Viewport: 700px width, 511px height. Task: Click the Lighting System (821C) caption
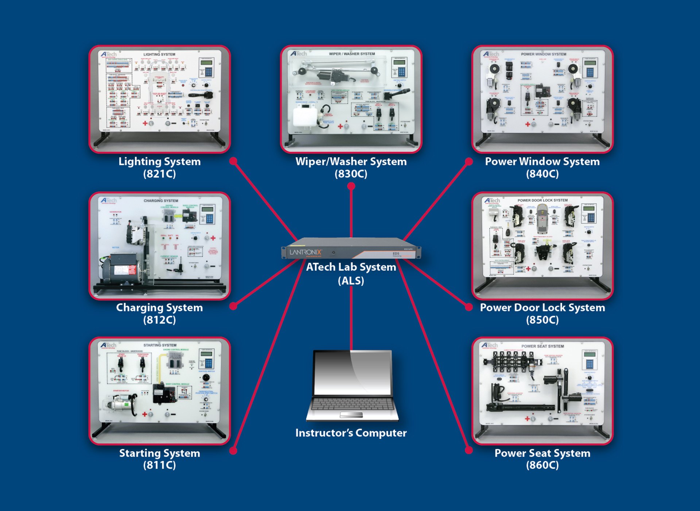[159, 168]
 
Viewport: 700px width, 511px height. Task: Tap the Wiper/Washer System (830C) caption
[351, 168]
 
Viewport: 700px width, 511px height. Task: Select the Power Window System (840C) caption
[542, 168]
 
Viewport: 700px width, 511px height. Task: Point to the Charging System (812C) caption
[159, 314]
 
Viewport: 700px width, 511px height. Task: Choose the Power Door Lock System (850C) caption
[542, 314]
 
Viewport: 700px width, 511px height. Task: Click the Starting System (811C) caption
[159, 459]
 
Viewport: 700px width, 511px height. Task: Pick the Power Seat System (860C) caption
[542, 459]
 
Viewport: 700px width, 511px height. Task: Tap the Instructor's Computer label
[351, 433]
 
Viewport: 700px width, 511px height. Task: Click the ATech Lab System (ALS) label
[351, 274]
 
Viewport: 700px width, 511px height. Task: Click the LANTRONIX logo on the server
[306, 252]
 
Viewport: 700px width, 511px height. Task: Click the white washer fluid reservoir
[305, 116]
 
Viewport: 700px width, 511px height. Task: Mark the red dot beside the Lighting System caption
[233, 161]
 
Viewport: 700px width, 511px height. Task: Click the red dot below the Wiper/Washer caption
[351, 186]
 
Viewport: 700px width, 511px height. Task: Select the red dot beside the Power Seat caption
[469, 450]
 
